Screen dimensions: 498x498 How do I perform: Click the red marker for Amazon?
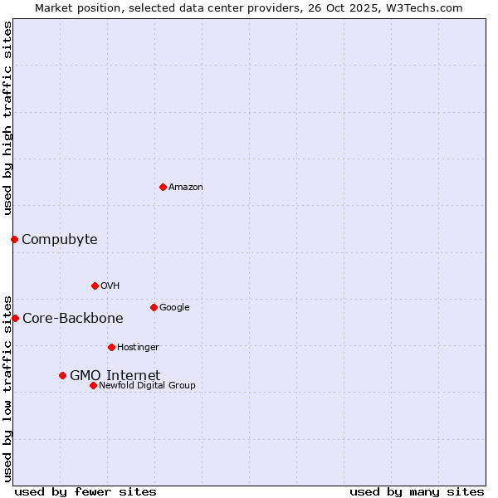coord(163,187)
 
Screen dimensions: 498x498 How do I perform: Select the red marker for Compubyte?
coord(14,239)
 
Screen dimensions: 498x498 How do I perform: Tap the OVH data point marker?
coord(95,286)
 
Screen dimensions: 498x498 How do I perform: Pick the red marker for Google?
coord(154,307)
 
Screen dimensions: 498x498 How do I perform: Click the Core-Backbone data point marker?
coord(15,318)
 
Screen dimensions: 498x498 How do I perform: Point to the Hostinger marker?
coord(111,347)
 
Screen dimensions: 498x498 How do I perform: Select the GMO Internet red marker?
coord(62,375)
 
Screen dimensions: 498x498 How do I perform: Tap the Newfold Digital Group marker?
coord(93,385)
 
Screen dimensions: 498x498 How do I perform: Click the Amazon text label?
coord(186,188)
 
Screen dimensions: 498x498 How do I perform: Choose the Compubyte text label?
coord(59,240)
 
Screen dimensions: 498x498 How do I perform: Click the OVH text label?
coord(110,286)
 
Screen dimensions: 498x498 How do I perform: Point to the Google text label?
coord(174,308)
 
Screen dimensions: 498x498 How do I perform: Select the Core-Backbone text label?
coord(72,319)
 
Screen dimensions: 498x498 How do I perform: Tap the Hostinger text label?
coord(138,348)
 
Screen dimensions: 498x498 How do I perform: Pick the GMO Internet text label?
coord(115,376)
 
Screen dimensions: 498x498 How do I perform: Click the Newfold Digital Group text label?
coord(147,386)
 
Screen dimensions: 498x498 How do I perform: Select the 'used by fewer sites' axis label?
coord(85,491)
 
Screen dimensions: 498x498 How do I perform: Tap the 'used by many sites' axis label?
coord(417,491)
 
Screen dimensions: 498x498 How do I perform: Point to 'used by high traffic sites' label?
coord(7,118)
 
